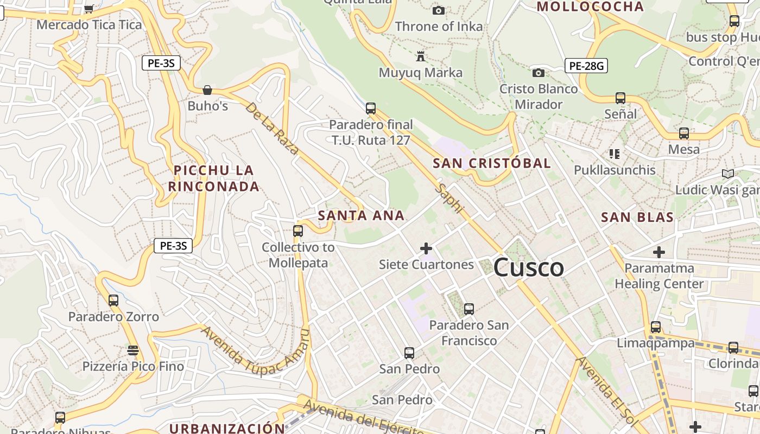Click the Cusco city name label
[528, 267]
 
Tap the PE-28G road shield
[586, 66]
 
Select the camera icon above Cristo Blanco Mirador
[538, 73]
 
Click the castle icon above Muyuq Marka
[420, 56]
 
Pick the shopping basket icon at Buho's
[207, 90]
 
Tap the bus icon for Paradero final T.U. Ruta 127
[371, 108]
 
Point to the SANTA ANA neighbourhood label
[361, 215]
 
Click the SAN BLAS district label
[637, 218]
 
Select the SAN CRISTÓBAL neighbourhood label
[491, 163]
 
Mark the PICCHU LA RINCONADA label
[214, 178]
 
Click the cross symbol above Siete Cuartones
[426, 248]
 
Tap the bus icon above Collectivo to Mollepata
[297, 231]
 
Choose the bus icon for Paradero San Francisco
[469, 309]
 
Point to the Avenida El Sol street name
[606, 390]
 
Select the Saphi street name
[451, 198]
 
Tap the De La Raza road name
[272, 128]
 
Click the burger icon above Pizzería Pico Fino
[133, 350]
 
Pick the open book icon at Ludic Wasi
[728, 174]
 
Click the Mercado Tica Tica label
[89, 25]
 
